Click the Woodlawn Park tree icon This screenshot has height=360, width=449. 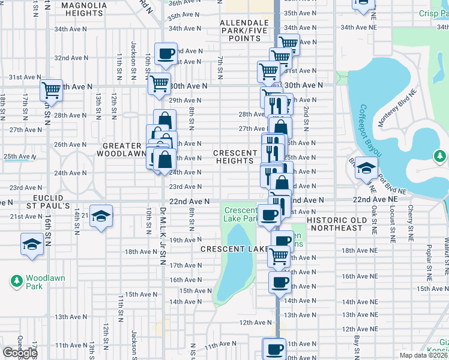tap(17, 280)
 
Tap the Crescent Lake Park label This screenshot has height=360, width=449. tap(240, 215)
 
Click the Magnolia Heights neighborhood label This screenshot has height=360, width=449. tap(83, 9)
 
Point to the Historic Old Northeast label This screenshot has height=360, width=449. tap(335, 224)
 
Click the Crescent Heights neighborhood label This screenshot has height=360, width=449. tap(235, 157)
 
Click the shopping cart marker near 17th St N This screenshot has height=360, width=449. tap(51, 91)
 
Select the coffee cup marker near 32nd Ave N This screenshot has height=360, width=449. tap(166, 54)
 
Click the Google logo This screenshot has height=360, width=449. tap(19, 352)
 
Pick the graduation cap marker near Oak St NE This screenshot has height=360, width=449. tap(366, 169)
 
